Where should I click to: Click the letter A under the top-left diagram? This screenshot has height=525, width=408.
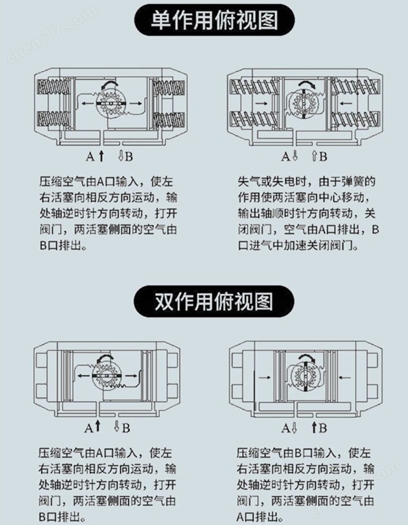(x=91, y=156)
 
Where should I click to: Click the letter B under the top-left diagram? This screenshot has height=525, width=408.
(x=129, y=156)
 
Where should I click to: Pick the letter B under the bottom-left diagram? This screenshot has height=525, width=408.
(x=126, y=428)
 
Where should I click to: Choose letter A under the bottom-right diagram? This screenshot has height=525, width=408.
(x=286, y=428)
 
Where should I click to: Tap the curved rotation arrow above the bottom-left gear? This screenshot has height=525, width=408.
(x=105, y=358)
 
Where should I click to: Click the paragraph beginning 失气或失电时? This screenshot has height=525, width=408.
(x=308, y=213)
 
